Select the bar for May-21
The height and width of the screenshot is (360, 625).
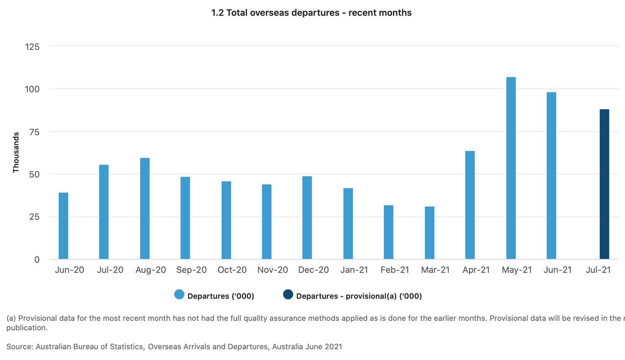click(511, 168)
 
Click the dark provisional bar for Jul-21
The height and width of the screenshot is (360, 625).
click(604, 184)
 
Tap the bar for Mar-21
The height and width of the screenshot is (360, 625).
click(429, 233)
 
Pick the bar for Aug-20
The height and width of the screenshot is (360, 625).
click(145, 209)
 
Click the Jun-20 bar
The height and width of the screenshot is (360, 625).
click(63, 226)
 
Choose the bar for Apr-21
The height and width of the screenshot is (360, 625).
click(470, 205)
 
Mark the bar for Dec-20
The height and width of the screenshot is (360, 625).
click(307, 217)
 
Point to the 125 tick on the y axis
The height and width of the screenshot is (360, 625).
click(32, 47)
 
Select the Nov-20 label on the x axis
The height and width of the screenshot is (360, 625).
click(272, 270)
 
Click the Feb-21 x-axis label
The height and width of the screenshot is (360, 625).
click(395, 270)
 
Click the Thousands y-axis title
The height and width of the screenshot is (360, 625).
click(16, 152)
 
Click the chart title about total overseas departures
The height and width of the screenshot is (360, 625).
click(312, 13)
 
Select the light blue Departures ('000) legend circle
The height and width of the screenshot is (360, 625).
click(179, 295)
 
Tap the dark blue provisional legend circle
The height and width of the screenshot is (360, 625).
click(288, 295)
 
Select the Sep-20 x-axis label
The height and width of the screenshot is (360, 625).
click(191, 270)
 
